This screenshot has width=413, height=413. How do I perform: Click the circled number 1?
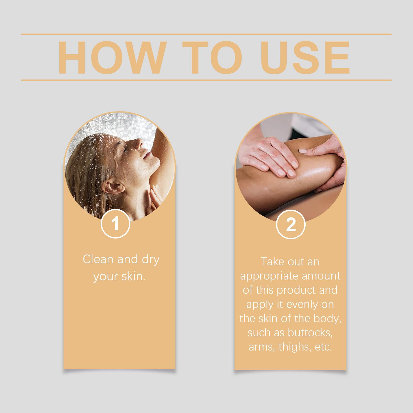coord(115,224)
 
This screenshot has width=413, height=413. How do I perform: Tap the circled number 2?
coord(291,225)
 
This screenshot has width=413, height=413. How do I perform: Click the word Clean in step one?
coord(98,259)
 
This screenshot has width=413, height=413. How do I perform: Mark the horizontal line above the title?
coord(206,34)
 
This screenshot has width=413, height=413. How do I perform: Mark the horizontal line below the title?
coord(206,80)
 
